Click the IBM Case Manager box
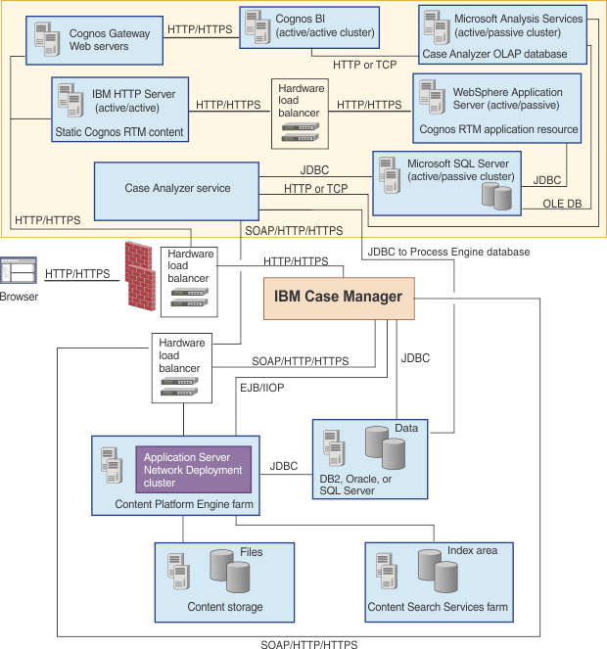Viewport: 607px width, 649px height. (338, 297)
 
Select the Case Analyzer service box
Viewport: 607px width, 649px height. (176, 188)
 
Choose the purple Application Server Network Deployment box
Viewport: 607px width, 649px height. (192, 470)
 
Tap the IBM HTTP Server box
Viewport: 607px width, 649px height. (117, 112)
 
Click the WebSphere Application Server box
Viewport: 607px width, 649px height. (499, 109)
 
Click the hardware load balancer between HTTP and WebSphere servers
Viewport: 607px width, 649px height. (300, 115)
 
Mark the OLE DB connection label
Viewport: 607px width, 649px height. (563, 205)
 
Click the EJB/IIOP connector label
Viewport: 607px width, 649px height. (263, 389)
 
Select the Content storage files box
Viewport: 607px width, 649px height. (224, 579)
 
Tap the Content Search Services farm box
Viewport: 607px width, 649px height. (438, 579)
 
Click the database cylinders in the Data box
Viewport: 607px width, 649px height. (385, 446)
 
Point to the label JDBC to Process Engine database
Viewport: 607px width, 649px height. (448, 252)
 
